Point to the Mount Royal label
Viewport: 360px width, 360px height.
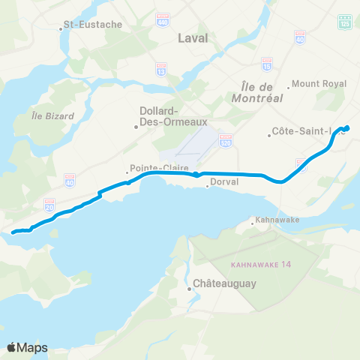319,83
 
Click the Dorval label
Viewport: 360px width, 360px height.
224,181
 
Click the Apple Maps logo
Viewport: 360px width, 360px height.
28,347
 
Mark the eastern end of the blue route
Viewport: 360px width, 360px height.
347,127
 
